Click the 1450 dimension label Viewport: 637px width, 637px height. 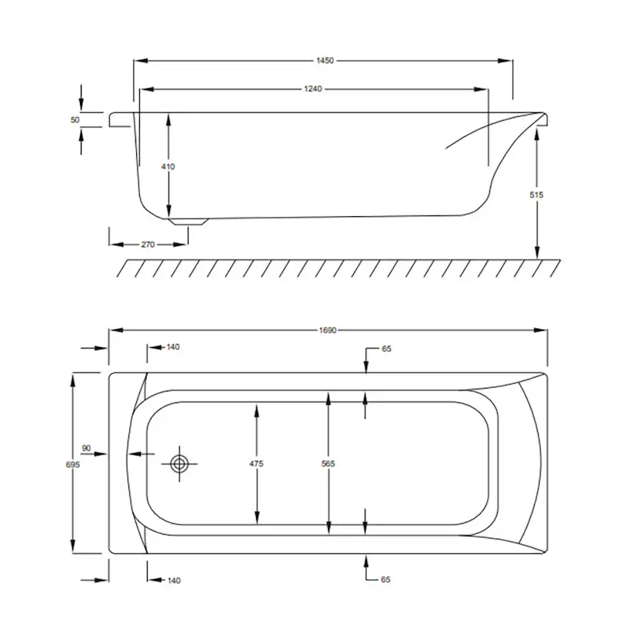click(x=325, y=61)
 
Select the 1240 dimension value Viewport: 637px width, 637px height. click(x=313, y=88)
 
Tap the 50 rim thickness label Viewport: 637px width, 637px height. click(x=75, y=120)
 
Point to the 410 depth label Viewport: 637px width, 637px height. click(x=168, y=167)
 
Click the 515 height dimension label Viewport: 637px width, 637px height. click(x=536, y=195)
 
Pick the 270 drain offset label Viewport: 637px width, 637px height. click(x=148, y=245)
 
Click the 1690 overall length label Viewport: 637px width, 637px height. click(x=328, y=330)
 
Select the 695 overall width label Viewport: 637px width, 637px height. click(x=73, y=465)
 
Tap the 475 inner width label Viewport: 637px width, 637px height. click(x=256, y=464)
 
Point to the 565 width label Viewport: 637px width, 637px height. click(x=328, y=464)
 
